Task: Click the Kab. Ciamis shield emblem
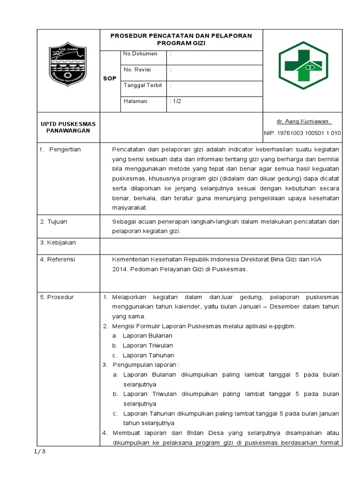[68, 71]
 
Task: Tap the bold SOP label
[109, 79]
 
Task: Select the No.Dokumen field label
[140, 54]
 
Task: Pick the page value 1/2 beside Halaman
[176, 101]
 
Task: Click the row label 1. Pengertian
[60, 149]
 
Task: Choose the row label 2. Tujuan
[54, 221]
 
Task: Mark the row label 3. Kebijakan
[58, 242]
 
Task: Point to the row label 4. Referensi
[57, 259]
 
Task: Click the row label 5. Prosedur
[57, 297]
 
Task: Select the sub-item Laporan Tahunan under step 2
[148, 355]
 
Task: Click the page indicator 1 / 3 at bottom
[40, 452]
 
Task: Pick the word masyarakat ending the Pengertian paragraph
[130, 207]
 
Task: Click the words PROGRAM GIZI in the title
[181, 43]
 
